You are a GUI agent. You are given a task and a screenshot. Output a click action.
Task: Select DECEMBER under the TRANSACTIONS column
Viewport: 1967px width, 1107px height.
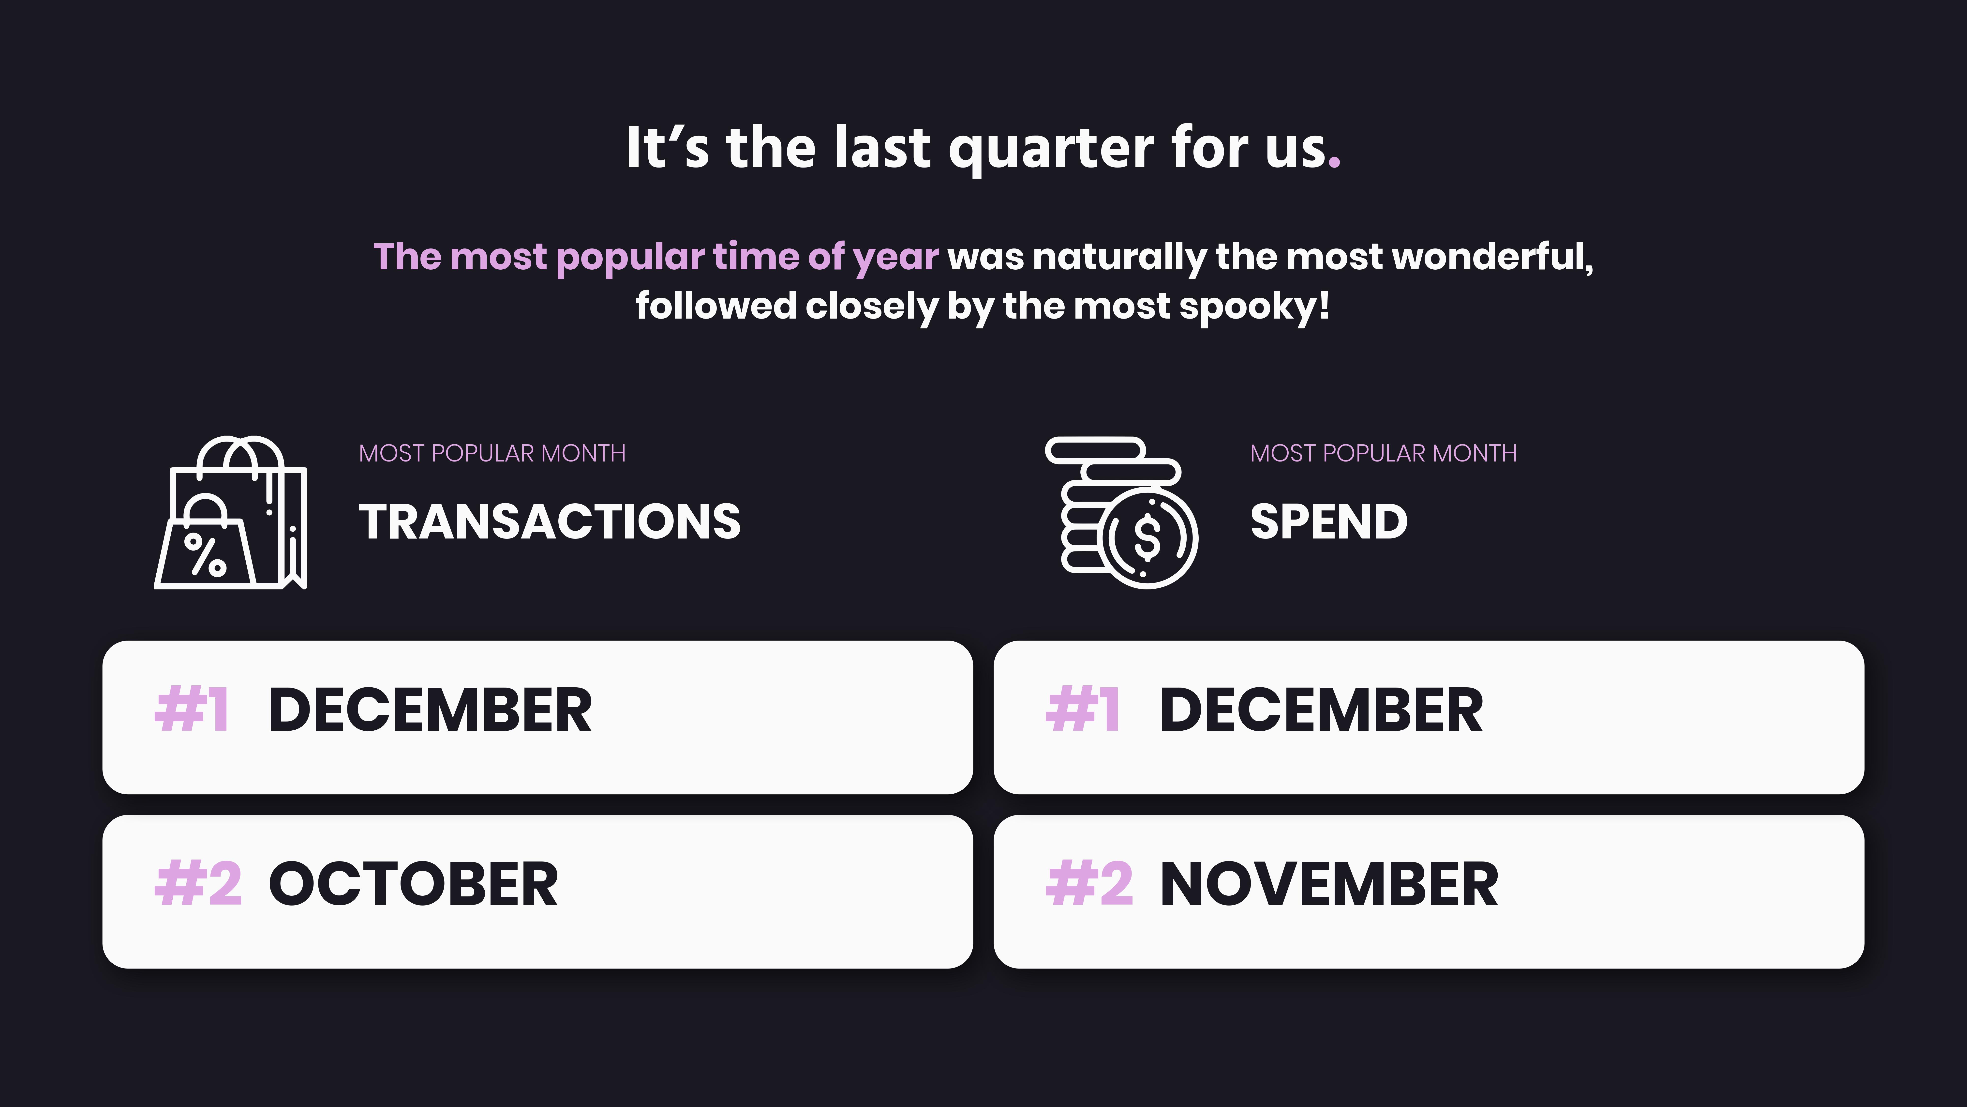[x=430, y=710]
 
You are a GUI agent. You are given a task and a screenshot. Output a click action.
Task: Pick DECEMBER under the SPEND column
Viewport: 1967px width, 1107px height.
[x=1321, y=710]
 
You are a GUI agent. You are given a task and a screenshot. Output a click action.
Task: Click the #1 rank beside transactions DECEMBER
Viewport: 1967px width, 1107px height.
[x=192, y=710]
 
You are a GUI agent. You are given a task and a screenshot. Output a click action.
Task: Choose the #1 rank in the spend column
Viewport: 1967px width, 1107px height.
[x=1083, y=710]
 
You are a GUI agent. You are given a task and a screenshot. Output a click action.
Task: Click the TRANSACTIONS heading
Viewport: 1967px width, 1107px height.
[x=550, y=522]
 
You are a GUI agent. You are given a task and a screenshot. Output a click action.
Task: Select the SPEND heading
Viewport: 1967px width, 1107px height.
[x=1329, y=522]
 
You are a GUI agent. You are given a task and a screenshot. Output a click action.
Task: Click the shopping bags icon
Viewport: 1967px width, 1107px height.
[x=231, y=513]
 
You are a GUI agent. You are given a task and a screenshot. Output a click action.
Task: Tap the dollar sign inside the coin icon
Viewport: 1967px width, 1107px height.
[x=1147, y=537]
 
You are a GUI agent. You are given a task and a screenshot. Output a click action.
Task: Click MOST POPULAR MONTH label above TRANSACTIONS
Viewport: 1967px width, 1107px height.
[x=492, y=453]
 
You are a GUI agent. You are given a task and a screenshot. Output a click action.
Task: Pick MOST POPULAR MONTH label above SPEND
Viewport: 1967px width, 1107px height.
[x=1384, y=453]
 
